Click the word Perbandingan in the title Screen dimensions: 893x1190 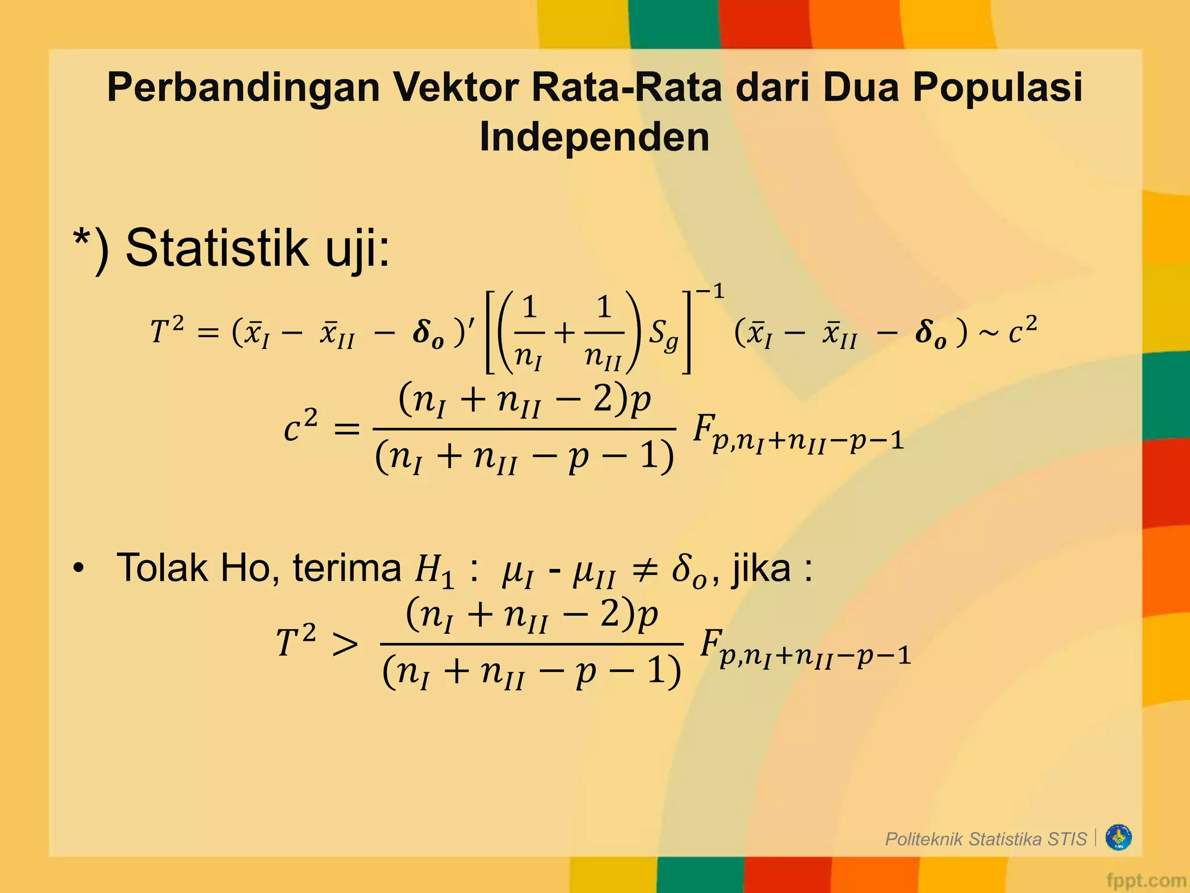click(243, 88)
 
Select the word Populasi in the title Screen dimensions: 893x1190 click(997, 88)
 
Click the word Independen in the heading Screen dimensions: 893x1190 click(594, 137)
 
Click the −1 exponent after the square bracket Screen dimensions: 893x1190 click(710, 292)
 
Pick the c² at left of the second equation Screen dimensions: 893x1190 click(300, 428)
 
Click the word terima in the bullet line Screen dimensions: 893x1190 click(347, 568)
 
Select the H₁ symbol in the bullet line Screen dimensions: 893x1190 click(433, 571)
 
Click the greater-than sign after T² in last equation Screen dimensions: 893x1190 click(345, 644)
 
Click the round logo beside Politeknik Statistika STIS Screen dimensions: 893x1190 click(1119, 838)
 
